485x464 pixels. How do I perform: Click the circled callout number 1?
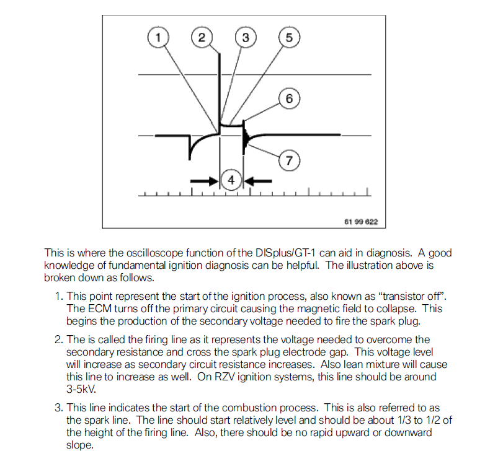(x=158, y=38)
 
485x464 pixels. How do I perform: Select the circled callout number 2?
(x=202, y=38)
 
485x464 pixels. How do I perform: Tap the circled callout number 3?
(x=245, y=38)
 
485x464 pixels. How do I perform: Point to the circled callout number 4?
(x=231, y=180)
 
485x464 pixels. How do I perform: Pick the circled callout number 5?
(x=288, y=38)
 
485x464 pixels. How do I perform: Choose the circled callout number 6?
(x=290, y=98)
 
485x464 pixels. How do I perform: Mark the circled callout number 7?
(x=288, y=160)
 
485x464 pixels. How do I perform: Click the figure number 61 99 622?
(x=361, y=221)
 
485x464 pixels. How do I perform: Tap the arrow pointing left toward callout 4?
(x=259, y=180)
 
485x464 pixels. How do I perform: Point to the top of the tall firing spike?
(x=219, y=52)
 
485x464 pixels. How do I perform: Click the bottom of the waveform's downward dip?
(x=189, y=159)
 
